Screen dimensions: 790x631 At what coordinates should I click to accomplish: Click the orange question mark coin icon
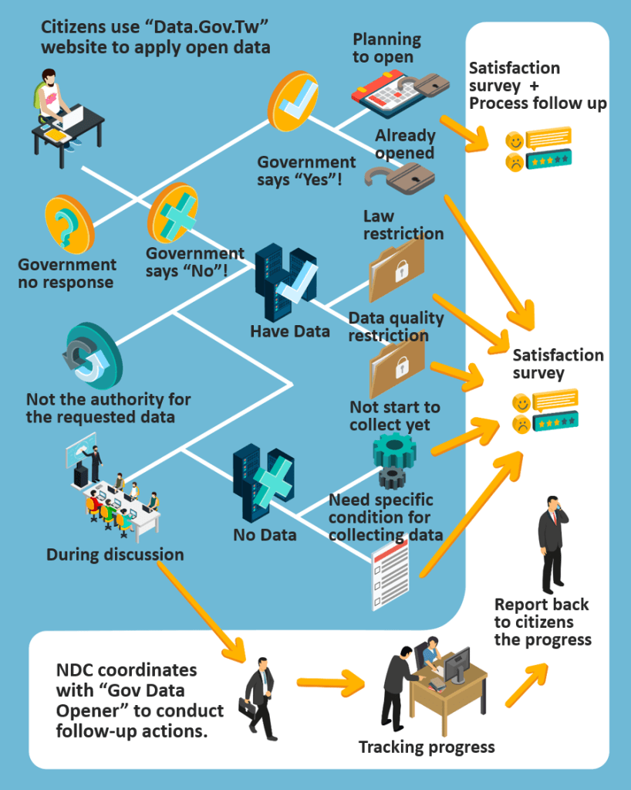click(x=69, y=225)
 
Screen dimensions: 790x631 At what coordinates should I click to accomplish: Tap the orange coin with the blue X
click(x=173, y=214)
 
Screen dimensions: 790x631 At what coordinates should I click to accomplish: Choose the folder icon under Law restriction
click(x=396, y=270)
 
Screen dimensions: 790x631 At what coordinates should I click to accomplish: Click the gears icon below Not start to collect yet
click(x=394, y=459)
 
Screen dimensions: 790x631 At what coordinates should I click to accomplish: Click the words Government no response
click(x=67, y=273)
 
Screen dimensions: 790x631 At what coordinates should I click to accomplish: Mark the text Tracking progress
click(x=427, y=747)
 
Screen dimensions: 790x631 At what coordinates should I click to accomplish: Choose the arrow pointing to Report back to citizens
click(x=529, y=683)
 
